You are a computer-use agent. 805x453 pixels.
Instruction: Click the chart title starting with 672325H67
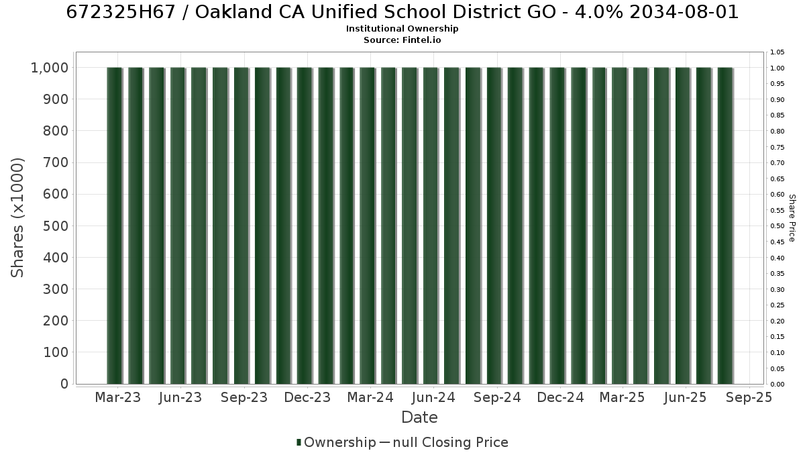[x=402, y=12]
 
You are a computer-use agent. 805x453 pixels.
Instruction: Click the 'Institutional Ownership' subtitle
[x=402, y=29]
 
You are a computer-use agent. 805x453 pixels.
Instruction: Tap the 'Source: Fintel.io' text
[x=402, y=40]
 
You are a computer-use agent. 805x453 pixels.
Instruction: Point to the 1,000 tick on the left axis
[x=50, y=68]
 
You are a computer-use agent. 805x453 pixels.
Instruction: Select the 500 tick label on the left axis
[x=55, y=226]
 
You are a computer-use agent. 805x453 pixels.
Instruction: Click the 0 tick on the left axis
[x=64, y=384]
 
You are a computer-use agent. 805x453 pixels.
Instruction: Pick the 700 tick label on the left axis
[x=55, y=162]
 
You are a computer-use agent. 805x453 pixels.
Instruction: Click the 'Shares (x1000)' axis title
[x=17, y=218]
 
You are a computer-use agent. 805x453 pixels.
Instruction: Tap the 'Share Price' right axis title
[x=792, y=218]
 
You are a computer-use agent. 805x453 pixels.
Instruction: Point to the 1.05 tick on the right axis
[x=777, y=52]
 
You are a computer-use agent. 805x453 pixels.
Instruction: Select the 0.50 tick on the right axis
[x=777, y=226]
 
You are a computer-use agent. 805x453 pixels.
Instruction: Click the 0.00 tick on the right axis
[x=777, y=385]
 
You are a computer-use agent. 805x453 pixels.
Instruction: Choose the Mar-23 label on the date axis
[x=118, y=397]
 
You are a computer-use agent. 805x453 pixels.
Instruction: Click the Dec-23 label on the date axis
[x=307, y=397]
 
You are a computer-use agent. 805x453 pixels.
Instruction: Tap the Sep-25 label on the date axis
[x=749, y=397]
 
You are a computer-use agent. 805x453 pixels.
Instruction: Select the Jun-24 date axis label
[x=433, y=397]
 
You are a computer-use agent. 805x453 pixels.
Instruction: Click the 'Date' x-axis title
[x=419, y=417]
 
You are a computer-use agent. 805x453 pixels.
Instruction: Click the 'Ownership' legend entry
[x=336, y=442]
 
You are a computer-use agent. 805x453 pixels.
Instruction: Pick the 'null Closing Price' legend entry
[x=451, y=442]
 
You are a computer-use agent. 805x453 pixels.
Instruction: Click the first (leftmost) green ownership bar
[x=114, y=225]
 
